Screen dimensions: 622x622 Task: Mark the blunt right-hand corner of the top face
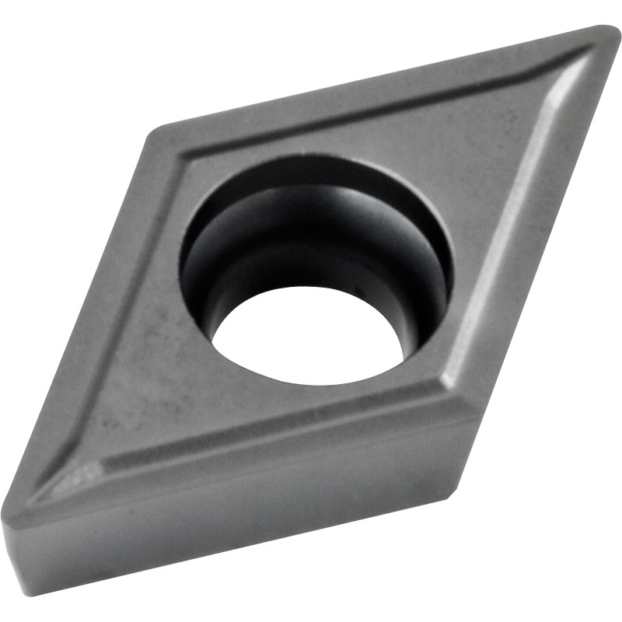point(465,404)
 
